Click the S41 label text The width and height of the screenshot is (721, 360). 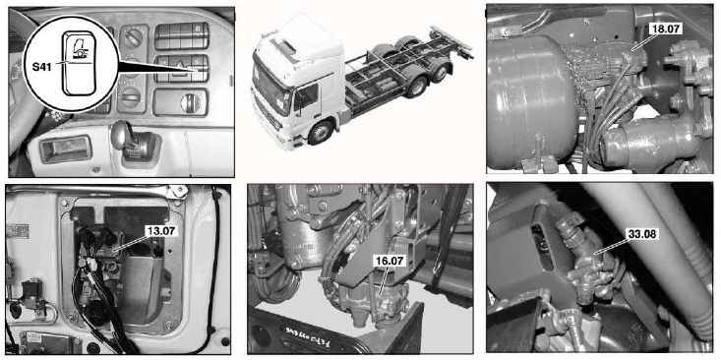[42, 67]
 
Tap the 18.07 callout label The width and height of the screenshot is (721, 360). [666, 29]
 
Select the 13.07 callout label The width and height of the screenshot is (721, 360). [160, 231]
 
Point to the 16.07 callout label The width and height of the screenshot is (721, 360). [390, 262]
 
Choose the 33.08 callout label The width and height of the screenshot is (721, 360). [643, 234]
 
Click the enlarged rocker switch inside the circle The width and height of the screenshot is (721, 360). [78, 63]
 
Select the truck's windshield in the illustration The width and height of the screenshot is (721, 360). [270, 90]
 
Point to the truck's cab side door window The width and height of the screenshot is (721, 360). [305, 96]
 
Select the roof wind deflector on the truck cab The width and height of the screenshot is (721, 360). [284, 48]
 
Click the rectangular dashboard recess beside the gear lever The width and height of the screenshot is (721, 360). [66, 150]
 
